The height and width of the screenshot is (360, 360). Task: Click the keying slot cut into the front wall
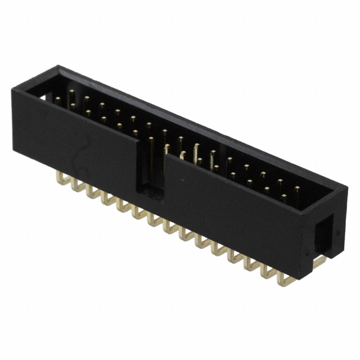[151, 169]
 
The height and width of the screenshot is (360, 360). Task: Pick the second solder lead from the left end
[76, 186]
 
